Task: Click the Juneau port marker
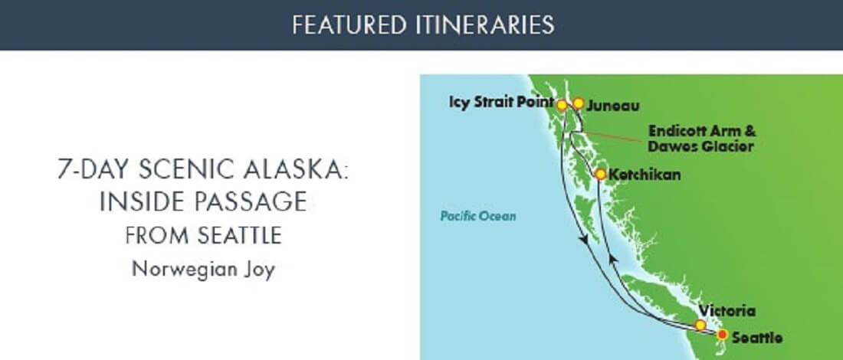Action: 579,103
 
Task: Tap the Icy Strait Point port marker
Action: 562,104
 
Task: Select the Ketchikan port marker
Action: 601,174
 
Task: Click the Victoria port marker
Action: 700,325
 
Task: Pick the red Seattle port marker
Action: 722,334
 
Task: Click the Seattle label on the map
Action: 757,338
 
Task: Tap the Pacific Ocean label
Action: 477,217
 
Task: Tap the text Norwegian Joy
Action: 202,269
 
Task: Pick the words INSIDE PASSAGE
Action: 203,202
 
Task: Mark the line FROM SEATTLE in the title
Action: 203,236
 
